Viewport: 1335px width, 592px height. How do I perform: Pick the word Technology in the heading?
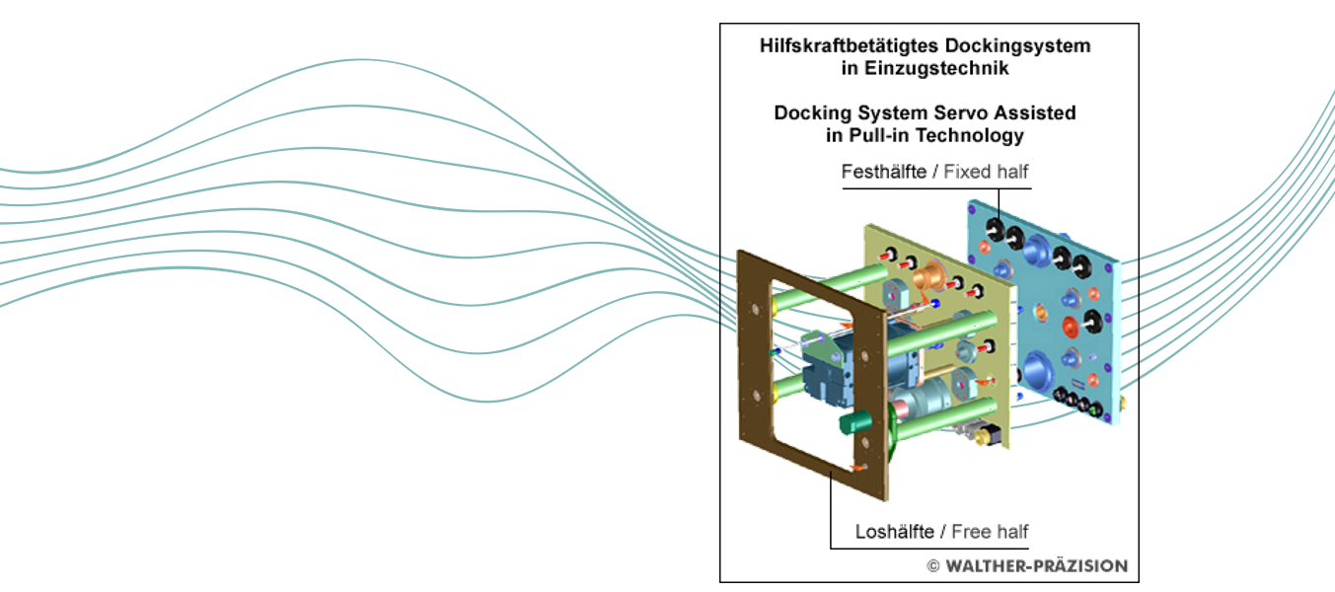coord(969,135)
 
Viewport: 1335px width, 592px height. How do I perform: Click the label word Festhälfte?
coord(883,172)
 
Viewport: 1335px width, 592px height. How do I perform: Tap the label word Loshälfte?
coord(895,532)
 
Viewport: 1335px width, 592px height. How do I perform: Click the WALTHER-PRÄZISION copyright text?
coord(1036,566)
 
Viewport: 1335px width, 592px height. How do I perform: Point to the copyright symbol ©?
coord(932,566)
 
